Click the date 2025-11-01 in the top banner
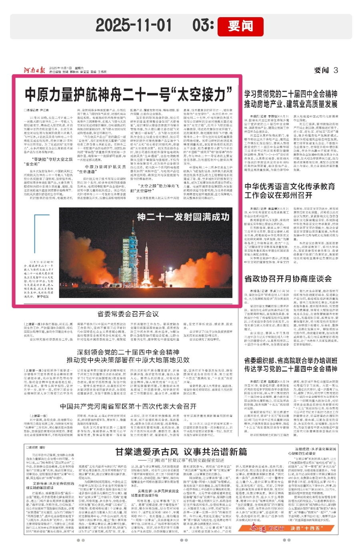pos(134,25)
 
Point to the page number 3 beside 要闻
pos(336,70)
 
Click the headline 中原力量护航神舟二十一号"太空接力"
pos(128,94)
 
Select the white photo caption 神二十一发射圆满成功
pos(183,217)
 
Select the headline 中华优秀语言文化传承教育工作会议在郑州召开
pos(290,191)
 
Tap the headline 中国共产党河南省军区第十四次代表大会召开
pos(128,406)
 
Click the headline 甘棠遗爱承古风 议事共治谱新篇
pos(181,452)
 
